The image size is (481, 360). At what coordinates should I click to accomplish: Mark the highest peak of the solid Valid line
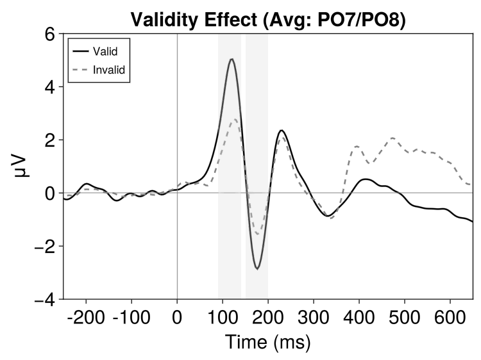point(231,59)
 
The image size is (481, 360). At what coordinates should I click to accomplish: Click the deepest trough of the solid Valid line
point(257,269)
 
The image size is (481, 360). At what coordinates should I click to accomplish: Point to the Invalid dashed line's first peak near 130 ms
point(235,119)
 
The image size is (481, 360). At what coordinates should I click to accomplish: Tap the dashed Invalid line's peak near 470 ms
point(392,138)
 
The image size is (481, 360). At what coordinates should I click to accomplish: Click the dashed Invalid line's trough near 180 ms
point(258,234)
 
